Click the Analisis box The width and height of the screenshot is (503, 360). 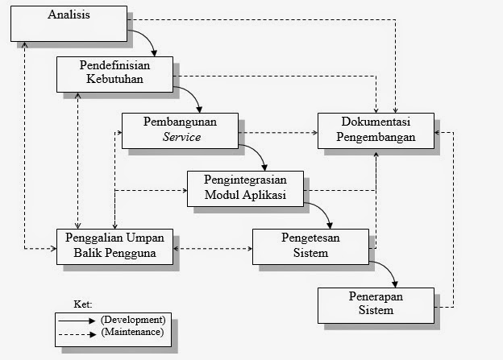click(69, 23)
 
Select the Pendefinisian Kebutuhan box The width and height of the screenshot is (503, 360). click(115, 73)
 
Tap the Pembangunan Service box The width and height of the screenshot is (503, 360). click(181, 130)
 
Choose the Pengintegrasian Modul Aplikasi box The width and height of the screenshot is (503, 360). click(246, 188)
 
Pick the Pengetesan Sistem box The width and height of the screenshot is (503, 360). click(310, 246)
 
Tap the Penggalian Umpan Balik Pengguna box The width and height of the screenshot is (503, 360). click(115, 246)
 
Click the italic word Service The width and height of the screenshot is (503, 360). click(181, 137)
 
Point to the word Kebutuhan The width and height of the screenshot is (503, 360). click(115, 81)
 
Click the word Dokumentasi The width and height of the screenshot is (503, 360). click(376, 122)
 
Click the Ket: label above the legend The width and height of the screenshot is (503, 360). click(83, 305)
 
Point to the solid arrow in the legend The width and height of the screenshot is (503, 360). click(77, 320)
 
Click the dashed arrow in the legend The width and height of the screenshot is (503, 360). click(77, 331)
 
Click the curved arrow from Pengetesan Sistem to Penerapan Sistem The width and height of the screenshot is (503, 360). click(388, 271)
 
